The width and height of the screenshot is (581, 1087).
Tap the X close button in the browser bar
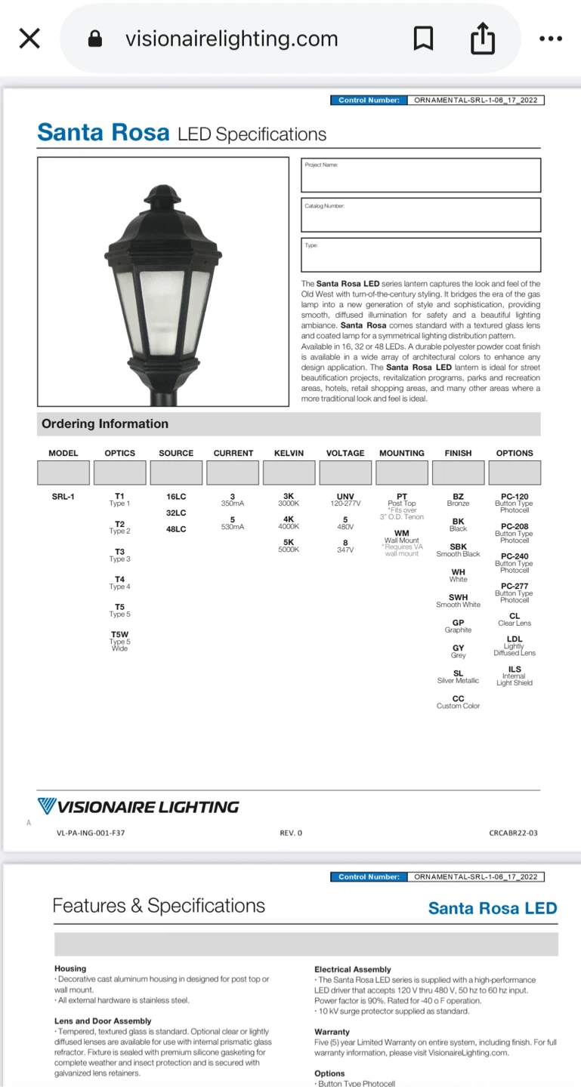29,38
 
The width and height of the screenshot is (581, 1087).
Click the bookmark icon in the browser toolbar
424,38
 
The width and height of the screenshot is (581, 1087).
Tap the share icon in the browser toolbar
483,38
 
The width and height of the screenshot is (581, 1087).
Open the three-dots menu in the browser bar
551,38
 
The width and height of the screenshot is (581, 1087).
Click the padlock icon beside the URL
95,38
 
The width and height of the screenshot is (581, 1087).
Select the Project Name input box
421,175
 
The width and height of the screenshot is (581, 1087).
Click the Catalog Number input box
421,214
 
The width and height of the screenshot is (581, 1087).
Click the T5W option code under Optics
119,635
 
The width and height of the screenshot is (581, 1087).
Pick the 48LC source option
176,529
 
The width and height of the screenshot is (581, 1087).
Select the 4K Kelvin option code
289,519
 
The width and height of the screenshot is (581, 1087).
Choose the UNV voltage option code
345,497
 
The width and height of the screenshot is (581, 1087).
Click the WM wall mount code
402,534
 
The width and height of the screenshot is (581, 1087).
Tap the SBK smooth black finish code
458,547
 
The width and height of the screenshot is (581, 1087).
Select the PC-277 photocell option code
515,586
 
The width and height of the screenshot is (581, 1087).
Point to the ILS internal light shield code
515,670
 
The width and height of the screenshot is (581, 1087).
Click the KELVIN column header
289,453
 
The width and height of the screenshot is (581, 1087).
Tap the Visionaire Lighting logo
138,807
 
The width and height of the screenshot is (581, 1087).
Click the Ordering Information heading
105,423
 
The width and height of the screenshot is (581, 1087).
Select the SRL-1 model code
63,497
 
